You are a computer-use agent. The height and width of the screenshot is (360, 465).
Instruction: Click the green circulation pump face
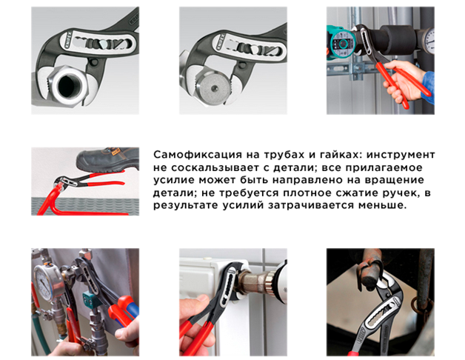pos(343,44)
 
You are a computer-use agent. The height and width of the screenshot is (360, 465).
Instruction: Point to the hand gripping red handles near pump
pos(404,81)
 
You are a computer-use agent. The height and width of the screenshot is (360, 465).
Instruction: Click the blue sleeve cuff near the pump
pos(428,86)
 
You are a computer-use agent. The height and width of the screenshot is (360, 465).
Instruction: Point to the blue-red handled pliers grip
pos(126,311)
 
